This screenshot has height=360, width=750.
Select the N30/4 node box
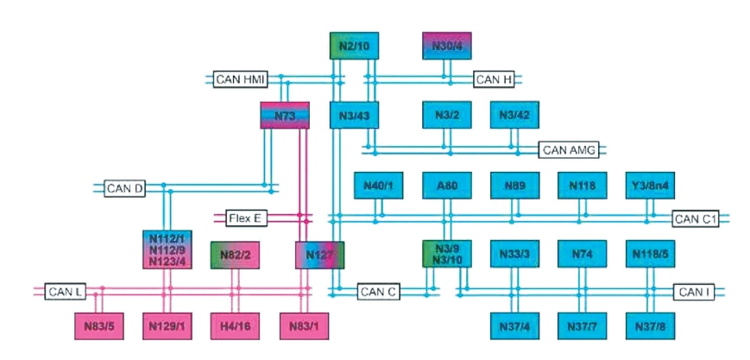tap(447, 45)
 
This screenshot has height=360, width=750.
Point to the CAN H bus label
tap(495, 80)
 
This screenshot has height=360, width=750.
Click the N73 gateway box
tap(284, 116)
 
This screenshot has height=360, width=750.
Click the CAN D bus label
tap(124, 187)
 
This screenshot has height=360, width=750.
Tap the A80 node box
tap(447, 186)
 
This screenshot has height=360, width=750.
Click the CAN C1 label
tap(695, 219)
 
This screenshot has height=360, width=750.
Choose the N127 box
tap(319, 256)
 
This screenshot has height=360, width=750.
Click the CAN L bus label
tap(66, 292)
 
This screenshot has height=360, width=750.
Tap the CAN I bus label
tap(695, 293)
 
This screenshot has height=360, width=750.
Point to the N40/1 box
tap(378, 186)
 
